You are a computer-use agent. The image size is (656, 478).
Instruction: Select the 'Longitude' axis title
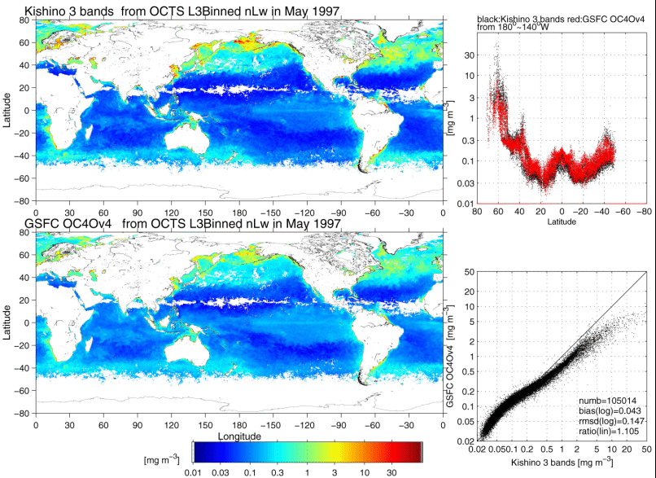pos(238,436)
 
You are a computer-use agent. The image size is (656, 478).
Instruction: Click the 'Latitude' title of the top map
pos(7,110)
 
